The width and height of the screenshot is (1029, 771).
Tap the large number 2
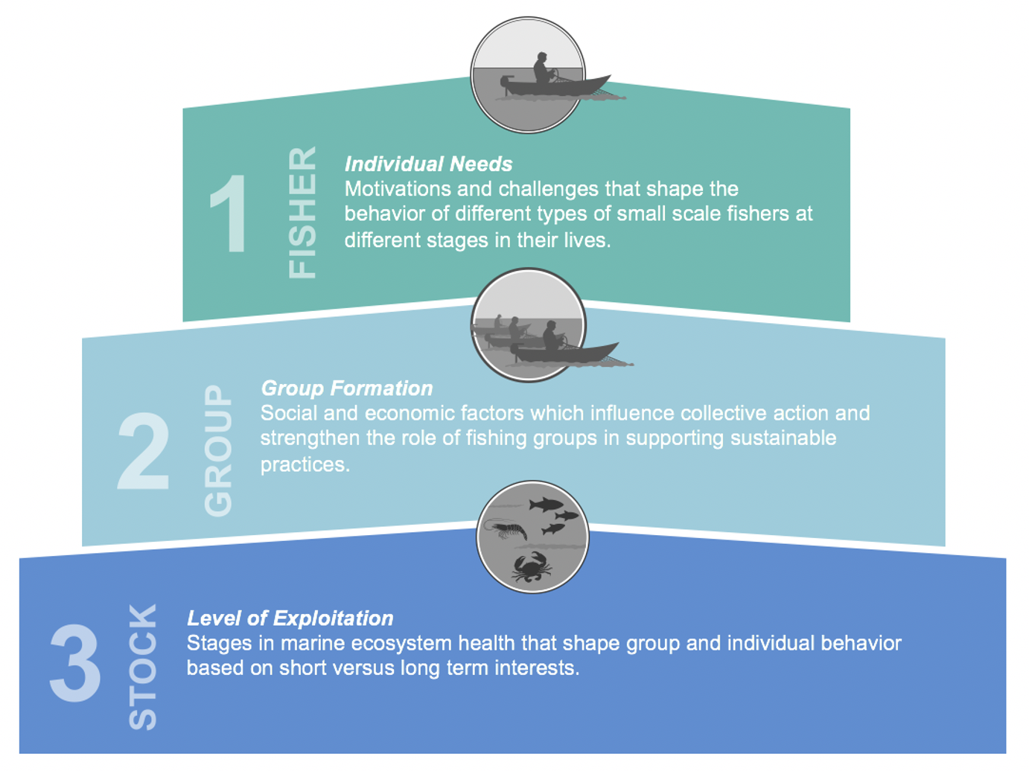144,451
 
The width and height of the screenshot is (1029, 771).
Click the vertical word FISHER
302,213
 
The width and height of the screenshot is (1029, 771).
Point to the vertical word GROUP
218,450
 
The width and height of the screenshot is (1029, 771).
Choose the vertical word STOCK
143,666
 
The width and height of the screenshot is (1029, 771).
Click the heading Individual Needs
428,164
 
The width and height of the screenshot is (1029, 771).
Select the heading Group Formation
346,388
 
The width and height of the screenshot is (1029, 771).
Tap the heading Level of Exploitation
290,618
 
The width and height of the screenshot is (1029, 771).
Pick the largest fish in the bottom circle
546,505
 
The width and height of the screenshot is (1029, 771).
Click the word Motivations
398,189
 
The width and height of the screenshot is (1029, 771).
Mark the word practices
305,464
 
